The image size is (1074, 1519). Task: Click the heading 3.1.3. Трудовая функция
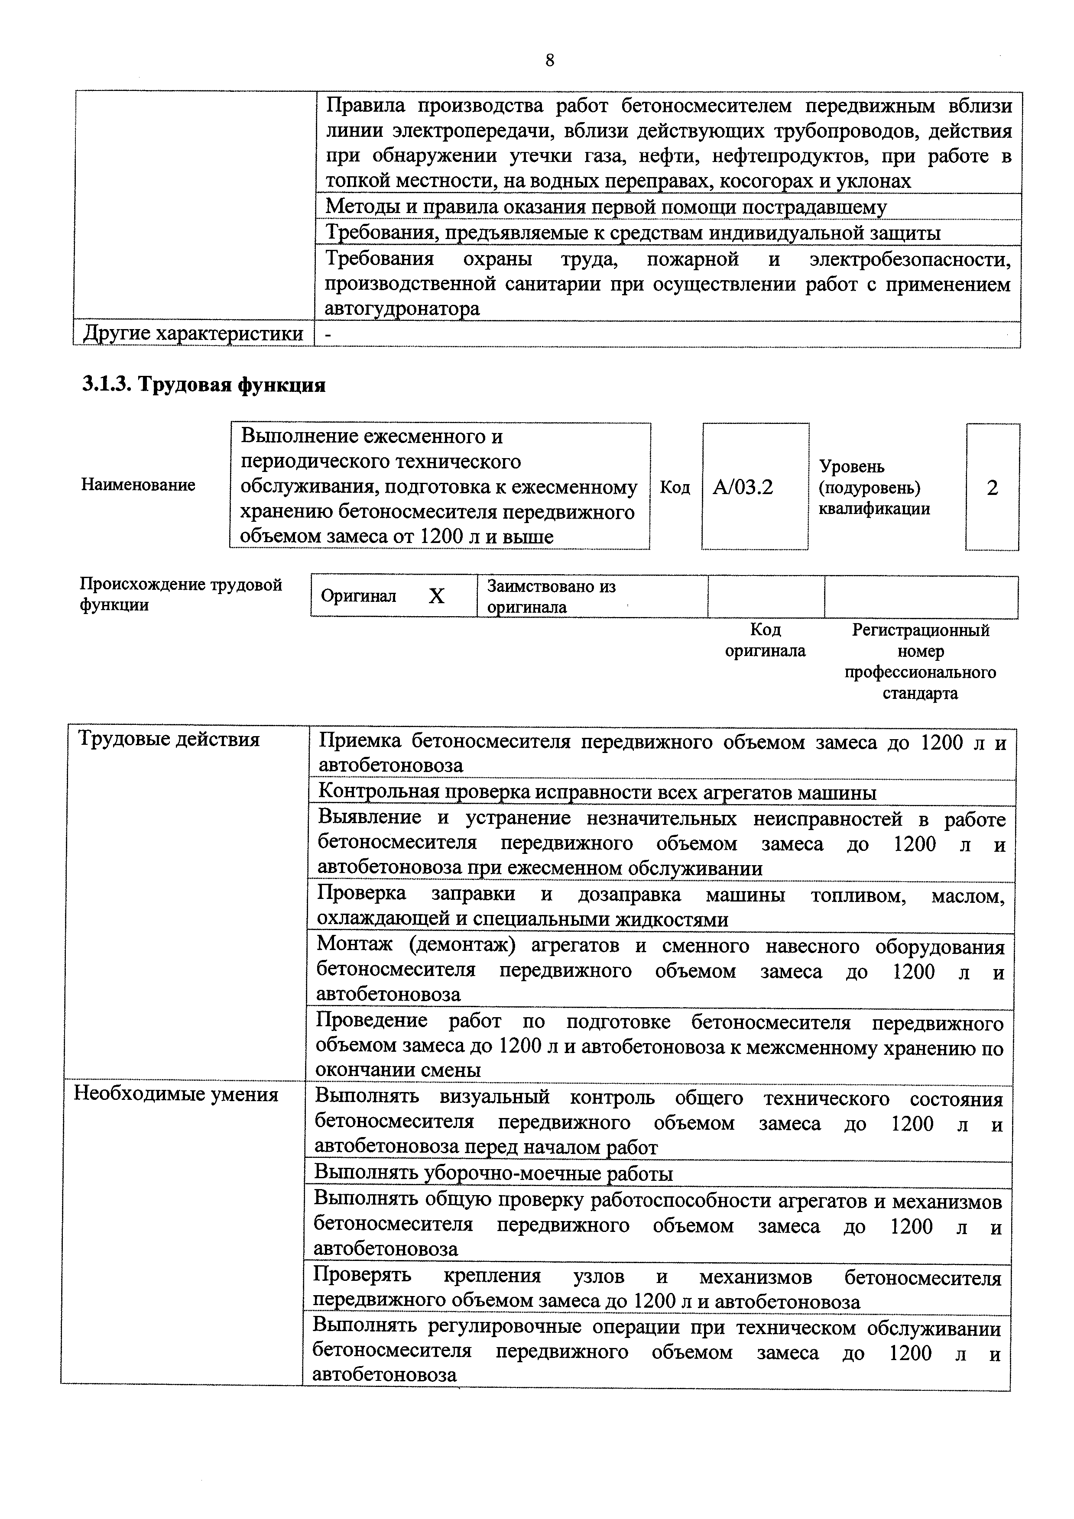click(x=203, y=385)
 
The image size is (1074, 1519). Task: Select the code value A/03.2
click(x=743, y=488)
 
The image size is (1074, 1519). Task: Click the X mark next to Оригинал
click(x=436, y=597)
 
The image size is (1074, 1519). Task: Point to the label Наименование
click(x=138, y=485)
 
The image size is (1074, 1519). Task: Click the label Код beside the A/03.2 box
click(x=675, y=488)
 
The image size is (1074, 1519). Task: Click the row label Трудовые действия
click(x=169, y=739)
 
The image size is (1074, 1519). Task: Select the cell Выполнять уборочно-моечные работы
click(x=493, y=1173)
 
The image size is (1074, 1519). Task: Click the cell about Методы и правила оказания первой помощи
click(x=606, y=207)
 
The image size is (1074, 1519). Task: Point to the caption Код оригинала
click(x=765, y=640)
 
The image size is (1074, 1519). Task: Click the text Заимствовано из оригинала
click(x=551, y=597)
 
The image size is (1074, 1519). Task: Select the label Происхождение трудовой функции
click(x=181, y=594)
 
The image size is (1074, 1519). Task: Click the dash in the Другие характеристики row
click(x=328, y=335)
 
